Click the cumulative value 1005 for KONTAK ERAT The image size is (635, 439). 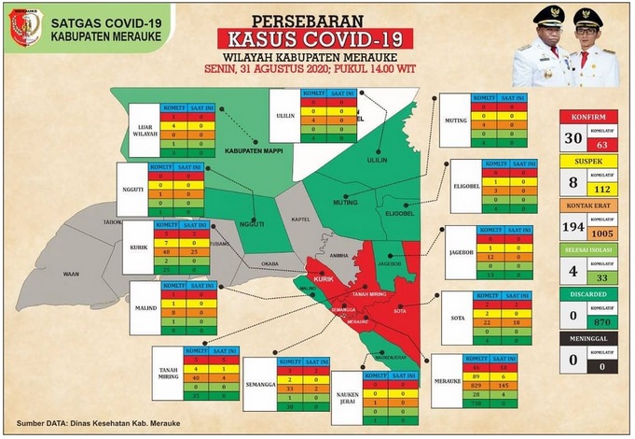601,234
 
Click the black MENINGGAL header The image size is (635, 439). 587,342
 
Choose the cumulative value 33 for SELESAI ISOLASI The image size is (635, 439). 601,277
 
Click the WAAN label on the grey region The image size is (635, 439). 71,276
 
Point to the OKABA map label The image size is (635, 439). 270,264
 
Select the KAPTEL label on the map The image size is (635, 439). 300,220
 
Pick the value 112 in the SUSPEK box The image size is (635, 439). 601,186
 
